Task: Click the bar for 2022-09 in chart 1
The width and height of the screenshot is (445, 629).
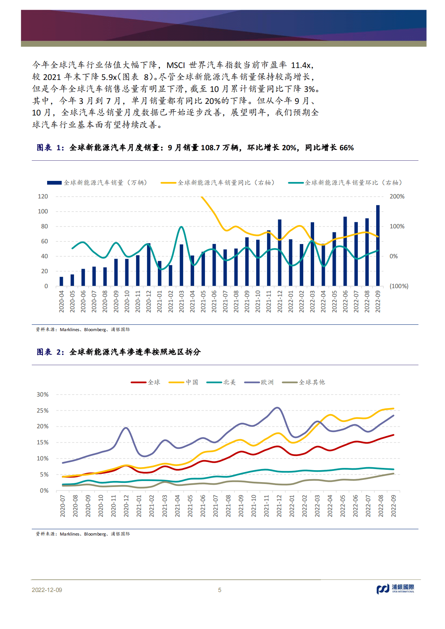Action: click(x=378, y=246)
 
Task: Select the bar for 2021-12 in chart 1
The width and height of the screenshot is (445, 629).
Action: click(x=279, y=253)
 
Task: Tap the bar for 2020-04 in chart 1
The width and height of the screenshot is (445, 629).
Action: click(x=61, y=281)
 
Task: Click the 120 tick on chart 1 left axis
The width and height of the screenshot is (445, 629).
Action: click(x=43, y=196)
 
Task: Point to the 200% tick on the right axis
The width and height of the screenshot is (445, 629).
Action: click(x=397, y=196)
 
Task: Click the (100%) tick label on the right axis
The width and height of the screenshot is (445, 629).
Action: click(x=399, y=286)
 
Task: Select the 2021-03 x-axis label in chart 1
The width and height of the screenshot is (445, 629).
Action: click(x=181, y=301)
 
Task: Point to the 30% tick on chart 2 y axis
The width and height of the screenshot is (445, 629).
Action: click(x=43, y=394)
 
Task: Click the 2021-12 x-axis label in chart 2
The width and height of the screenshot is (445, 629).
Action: click(x=279, y=506)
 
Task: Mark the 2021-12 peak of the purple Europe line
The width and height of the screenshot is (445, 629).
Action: click(x=277, y=408)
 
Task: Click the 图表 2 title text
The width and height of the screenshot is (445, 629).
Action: click(x=119, y=352)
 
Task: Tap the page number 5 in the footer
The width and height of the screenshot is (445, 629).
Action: click(x=220, y=590)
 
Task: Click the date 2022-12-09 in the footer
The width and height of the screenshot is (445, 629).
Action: click(x=47, y=590)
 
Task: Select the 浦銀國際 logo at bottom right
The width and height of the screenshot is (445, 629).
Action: click(x=395, y=589)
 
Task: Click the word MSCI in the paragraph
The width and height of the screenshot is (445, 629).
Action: click(x=175, y=65)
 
